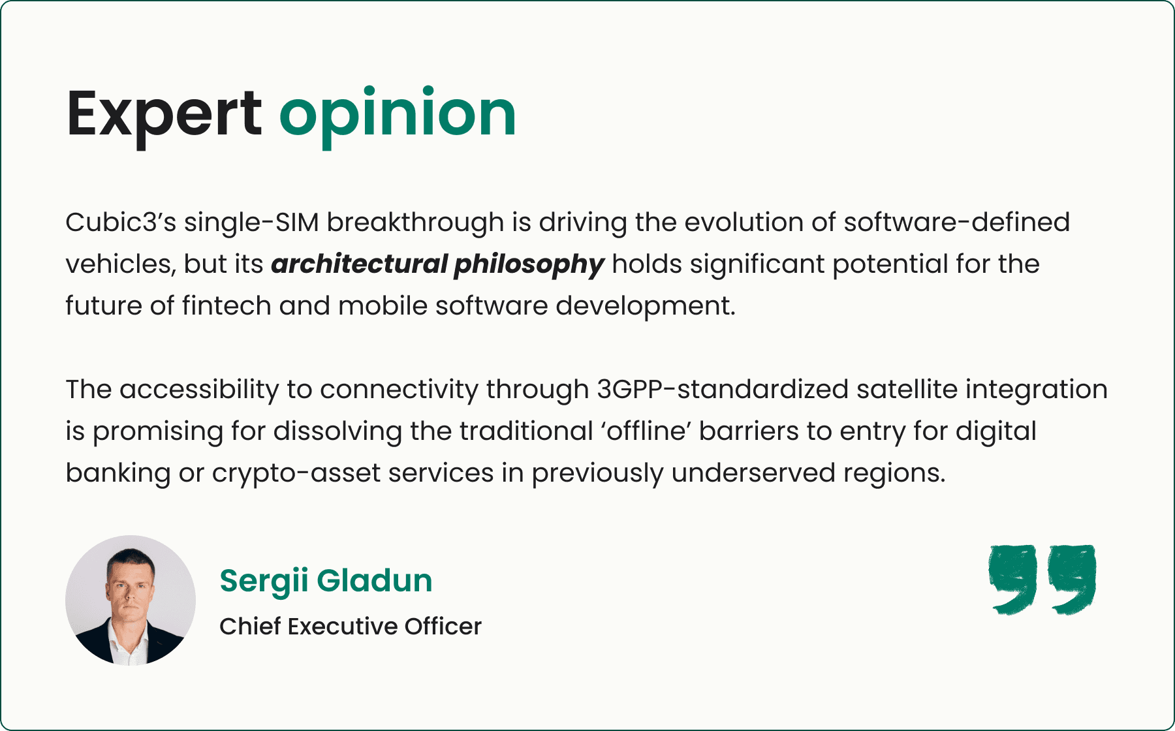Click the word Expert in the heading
[163, 114]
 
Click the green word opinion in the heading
[398, 114]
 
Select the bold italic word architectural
[358, 264]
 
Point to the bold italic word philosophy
[529, 264]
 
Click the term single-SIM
[251, 223]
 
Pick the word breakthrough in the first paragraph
[415, 223]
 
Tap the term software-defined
[956, 223]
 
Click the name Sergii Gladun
[326, 580]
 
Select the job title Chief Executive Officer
[351, 627]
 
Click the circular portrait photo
[131, 600]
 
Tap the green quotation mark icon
[1042, 580]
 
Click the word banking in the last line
[117, 473]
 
